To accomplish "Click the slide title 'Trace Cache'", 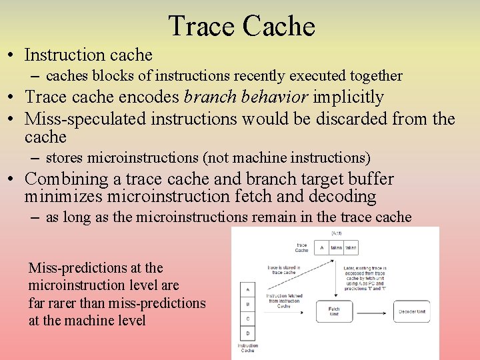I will click(241, 27).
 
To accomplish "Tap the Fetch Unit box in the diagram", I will click(333, 311).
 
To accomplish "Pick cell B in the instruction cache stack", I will click(248, 304).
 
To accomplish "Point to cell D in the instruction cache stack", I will click(248, 333).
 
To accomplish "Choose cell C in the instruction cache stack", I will click(248, 319).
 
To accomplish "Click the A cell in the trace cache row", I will click(322, 247).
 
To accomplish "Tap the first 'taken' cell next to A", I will click(337, 247).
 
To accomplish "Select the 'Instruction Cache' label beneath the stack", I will click(247, 348).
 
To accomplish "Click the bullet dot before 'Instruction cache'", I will click(13, 55).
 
